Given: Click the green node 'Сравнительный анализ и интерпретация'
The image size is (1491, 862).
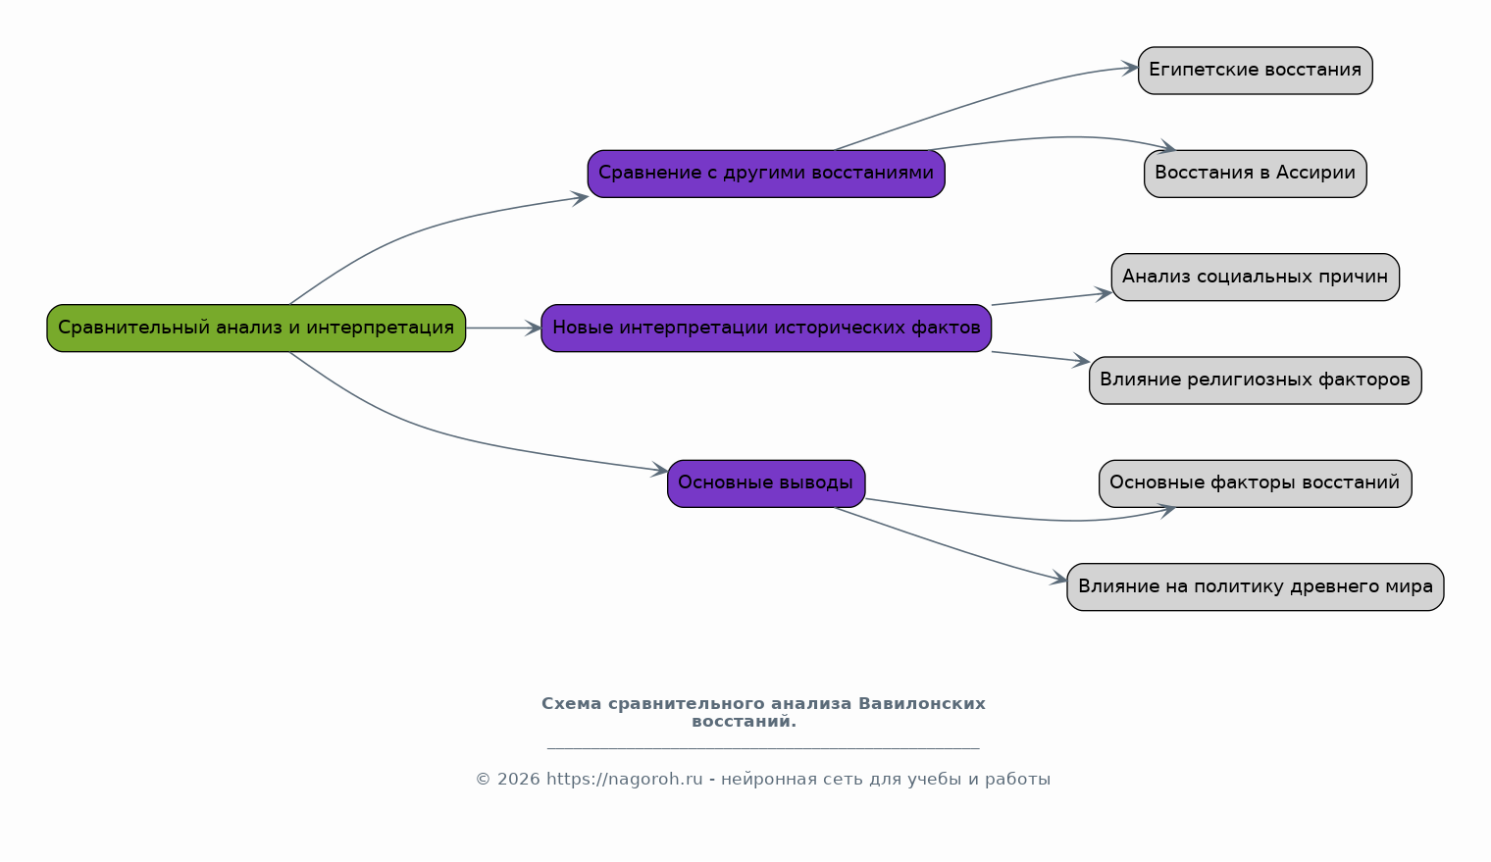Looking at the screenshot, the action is click(256, 329).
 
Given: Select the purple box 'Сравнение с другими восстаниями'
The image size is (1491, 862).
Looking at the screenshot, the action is click(766, 174).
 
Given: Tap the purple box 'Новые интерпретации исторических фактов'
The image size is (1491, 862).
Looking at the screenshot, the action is click(766, 329).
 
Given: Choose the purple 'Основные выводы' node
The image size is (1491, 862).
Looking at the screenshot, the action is click(766, 483).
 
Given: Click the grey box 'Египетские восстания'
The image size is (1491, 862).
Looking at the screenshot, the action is click(1256, 71).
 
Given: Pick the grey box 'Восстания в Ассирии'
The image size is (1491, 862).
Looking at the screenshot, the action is click(1256, 174).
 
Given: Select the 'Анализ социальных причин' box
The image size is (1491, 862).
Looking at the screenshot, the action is click(1256, 277).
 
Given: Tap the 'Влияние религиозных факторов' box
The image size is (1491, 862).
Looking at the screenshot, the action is click(1256, 380).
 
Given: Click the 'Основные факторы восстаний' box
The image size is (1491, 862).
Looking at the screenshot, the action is click(1256, 483).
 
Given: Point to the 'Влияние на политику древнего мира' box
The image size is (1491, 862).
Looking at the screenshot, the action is click(1256, 586).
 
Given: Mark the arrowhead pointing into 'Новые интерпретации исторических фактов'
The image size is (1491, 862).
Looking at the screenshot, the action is click(534, 329).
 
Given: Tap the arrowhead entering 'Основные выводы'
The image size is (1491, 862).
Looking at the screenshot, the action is click(660, 470).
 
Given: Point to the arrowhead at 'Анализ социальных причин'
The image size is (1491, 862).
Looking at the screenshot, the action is click(1105, 293).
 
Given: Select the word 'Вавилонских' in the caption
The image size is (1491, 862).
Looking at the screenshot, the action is click(922, 703).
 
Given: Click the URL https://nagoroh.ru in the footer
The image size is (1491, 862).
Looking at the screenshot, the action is click(624, 779).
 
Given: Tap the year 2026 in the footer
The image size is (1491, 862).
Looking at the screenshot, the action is click(519, 779).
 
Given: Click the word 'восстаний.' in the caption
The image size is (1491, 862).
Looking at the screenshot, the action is click(745, 721).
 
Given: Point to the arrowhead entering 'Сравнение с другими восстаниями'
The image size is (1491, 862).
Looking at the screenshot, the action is click(581, 198).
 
